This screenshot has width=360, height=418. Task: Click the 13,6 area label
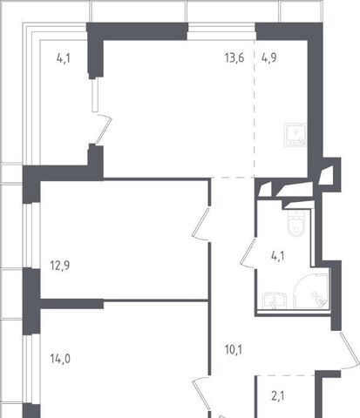[x=234, y=57]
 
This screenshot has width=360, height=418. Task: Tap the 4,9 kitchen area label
[x=269, y=57]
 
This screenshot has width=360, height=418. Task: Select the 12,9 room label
[x=60, y=266]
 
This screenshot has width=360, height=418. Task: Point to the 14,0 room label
[x=60, y=359]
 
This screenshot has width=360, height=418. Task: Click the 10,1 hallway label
[x=234, y=350]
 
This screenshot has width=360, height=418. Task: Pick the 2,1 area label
[x=278, y=396]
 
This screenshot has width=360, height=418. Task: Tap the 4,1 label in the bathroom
[x=278, y=256]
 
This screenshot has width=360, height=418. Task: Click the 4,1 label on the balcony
[x=64, y=58]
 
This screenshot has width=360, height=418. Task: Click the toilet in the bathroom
[x=296, y=223]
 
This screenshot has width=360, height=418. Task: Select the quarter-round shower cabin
[x=310, y=290]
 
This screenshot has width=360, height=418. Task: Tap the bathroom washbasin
[x=275, y=300]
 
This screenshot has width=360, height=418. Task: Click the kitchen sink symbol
[x=295, y=135]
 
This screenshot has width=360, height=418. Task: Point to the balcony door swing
[x=104, y=130]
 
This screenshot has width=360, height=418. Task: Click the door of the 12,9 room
[x=200, y=224]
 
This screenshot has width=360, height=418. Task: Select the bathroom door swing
[x=248, y=253]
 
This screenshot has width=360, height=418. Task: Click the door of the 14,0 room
[x=201, y=394]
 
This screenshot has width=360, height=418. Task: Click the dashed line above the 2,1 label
[x=285, y=375]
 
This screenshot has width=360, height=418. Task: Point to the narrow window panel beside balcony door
[x=95, y=95]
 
